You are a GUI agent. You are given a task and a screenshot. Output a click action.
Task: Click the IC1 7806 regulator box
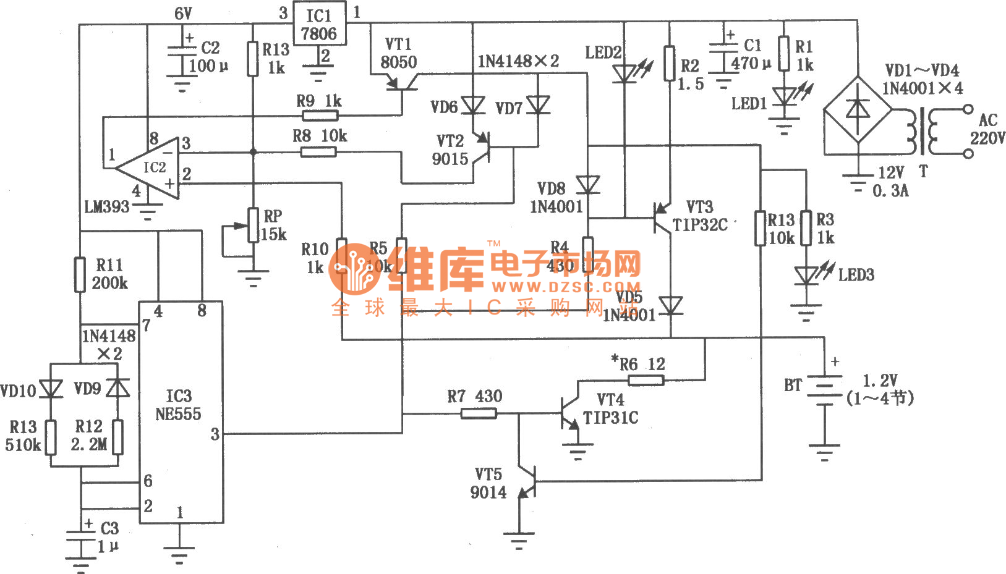pos(318,23)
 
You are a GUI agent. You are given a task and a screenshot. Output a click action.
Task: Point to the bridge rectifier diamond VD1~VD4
pos(858,111)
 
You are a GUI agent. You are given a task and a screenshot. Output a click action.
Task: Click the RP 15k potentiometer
pos(253,226)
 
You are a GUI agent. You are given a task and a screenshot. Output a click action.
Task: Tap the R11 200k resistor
pos(80,274)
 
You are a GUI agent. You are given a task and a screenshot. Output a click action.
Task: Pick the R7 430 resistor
pos(479,413)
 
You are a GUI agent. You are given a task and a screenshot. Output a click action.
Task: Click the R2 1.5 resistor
pos(670,64)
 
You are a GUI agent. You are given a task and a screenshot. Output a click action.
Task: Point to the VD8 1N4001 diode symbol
pos(588,184)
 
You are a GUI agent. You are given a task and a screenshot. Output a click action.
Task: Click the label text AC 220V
pos(987,129)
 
